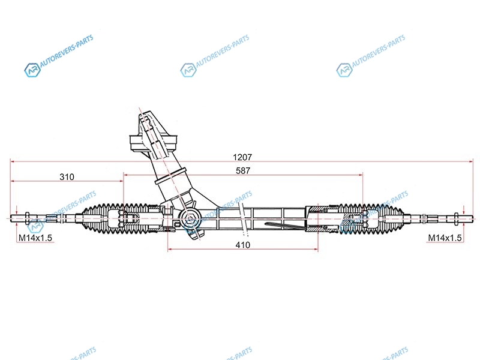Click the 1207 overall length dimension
(x=243, y=157)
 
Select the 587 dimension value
(x=243, y=170)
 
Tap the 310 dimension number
(x=67, y=177)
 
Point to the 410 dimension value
(x=243, y=245)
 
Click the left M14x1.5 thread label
(x=35, y=238)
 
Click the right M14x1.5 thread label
(x=445, y=238)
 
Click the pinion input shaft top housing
(x=153, y=135)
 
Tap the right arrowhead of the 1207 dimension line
(x=472, y=161)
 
